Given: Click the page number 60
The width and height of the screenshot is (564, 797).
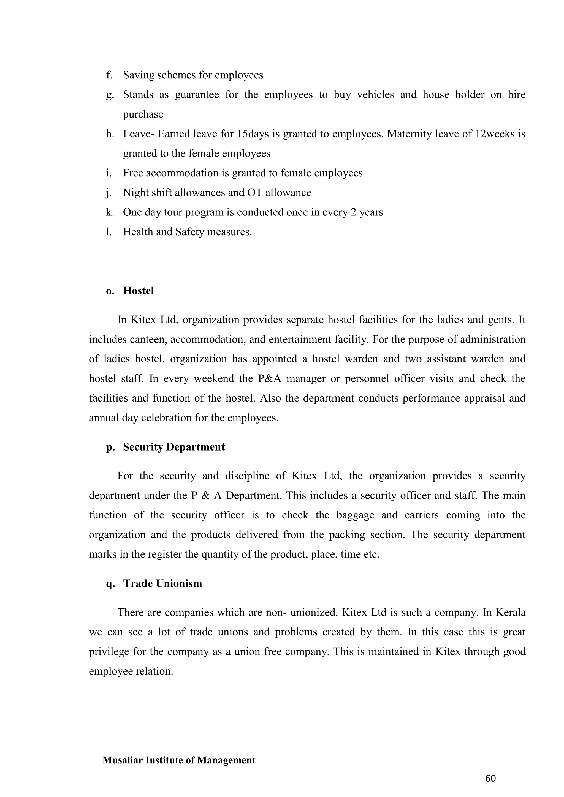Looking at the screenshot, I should [x=490, y=778].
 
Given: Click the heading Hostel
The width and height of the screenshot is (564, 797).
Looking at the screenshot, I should [x=138, y=291].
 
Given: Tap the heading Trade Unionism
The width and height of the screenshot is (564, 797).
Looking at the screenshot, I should [x=162, y=583].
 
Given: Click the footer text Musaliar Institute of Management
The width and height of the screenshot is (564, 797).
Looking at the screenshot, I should [x=179, y=760].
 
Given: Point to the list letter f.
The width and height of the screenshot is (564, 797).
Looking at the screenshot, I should [x=109, y=75].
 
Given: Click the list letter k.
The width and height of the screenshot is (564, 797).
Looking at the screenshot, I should [x=110, y=212].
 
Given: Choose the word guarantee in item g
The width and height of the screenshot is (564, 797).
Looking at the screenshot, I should [x=197, y=95].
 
